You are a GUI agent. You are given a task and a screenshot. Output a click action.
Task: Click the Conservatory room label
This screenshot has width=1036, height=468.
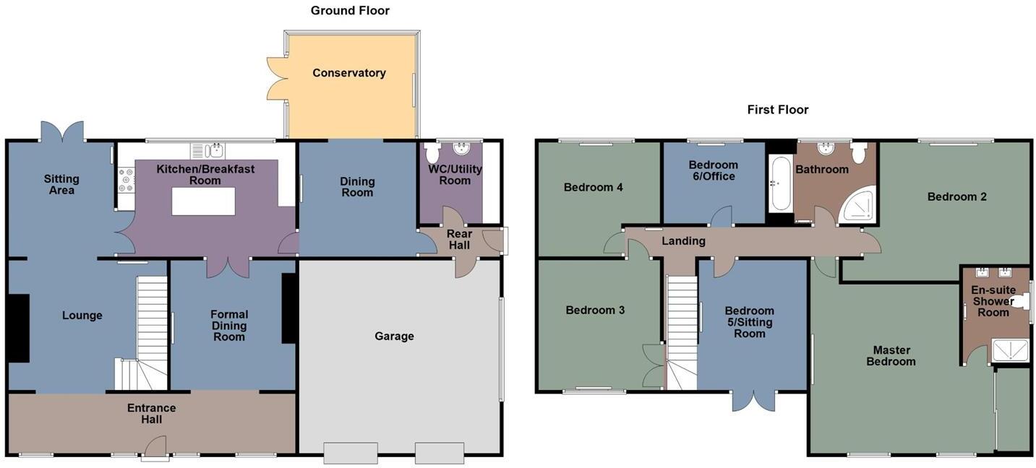(349, 73)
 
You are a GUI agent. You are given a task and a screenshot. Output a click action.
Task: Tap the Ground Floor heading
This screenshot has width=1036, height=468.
(350, 11)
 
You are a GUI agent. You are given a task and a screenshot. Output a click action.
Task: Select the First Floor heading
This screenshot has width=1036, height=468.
(778, 110)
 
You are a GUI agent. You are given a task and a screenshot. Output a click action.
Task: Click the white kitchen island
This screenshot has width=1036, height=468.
(203, 201)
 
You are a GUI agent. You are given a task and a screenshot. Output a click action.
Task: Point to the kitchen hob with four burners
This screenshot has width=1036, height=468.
(126, 179)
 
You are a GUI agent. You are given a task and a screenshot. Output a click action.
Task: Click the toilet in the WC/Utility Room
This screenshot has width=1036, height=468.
(432, 154)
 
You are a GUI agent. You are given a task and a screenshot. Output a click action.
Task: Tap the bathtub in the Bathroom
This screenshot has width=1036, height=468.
(781, 183)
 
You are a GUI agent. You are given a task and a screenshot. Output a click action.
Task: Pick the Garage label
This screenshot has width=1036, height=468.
(394, 336)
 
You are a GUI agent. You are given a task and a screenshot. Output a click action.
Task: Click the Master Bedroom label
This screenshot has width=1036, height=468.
(891, 356)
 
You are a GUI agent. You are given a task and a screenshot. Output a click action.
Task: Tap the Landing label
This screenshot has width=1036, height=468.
(683, 241)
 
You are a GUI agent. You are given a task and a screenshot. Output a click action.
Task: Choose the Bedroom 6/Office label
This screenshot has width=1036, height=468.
(713, 170)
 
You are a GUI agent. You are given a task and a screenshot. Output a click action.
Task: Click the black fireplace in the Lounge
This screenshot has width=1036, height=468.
(18, 328)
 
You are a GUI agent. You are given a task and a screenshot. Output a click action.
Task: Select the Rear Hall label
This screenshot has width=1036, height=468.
(459, 240)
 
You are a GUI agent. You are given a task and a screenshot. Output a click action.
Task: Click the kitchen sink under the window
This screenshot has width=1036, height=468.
(215, 151)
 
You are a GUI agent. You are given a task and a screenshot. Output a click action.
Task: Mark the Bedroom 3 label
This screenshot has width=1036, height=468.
(595, 311)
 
